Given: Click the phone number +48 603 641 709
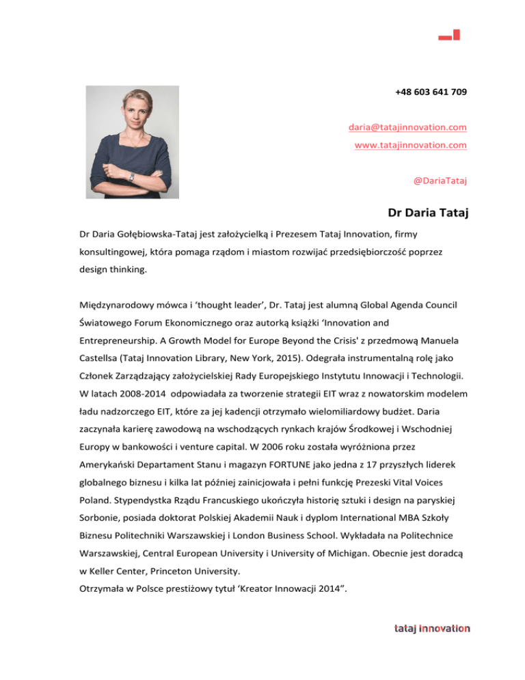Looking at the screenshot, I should pyautogui.click(x=431, y=92).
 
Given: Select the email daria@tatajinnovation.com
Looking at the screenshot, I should pyautogui.click(x=407, y=127).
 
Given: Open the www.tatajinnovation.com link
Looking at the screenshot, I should pyautogui.click(x=410, y=145).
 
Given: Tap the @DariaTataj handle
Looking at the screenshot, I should pyautogui.click(x=440, y=181).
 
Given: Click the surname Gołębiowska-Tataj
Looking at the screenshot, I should pyautogui.click(x=163, y=234).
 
